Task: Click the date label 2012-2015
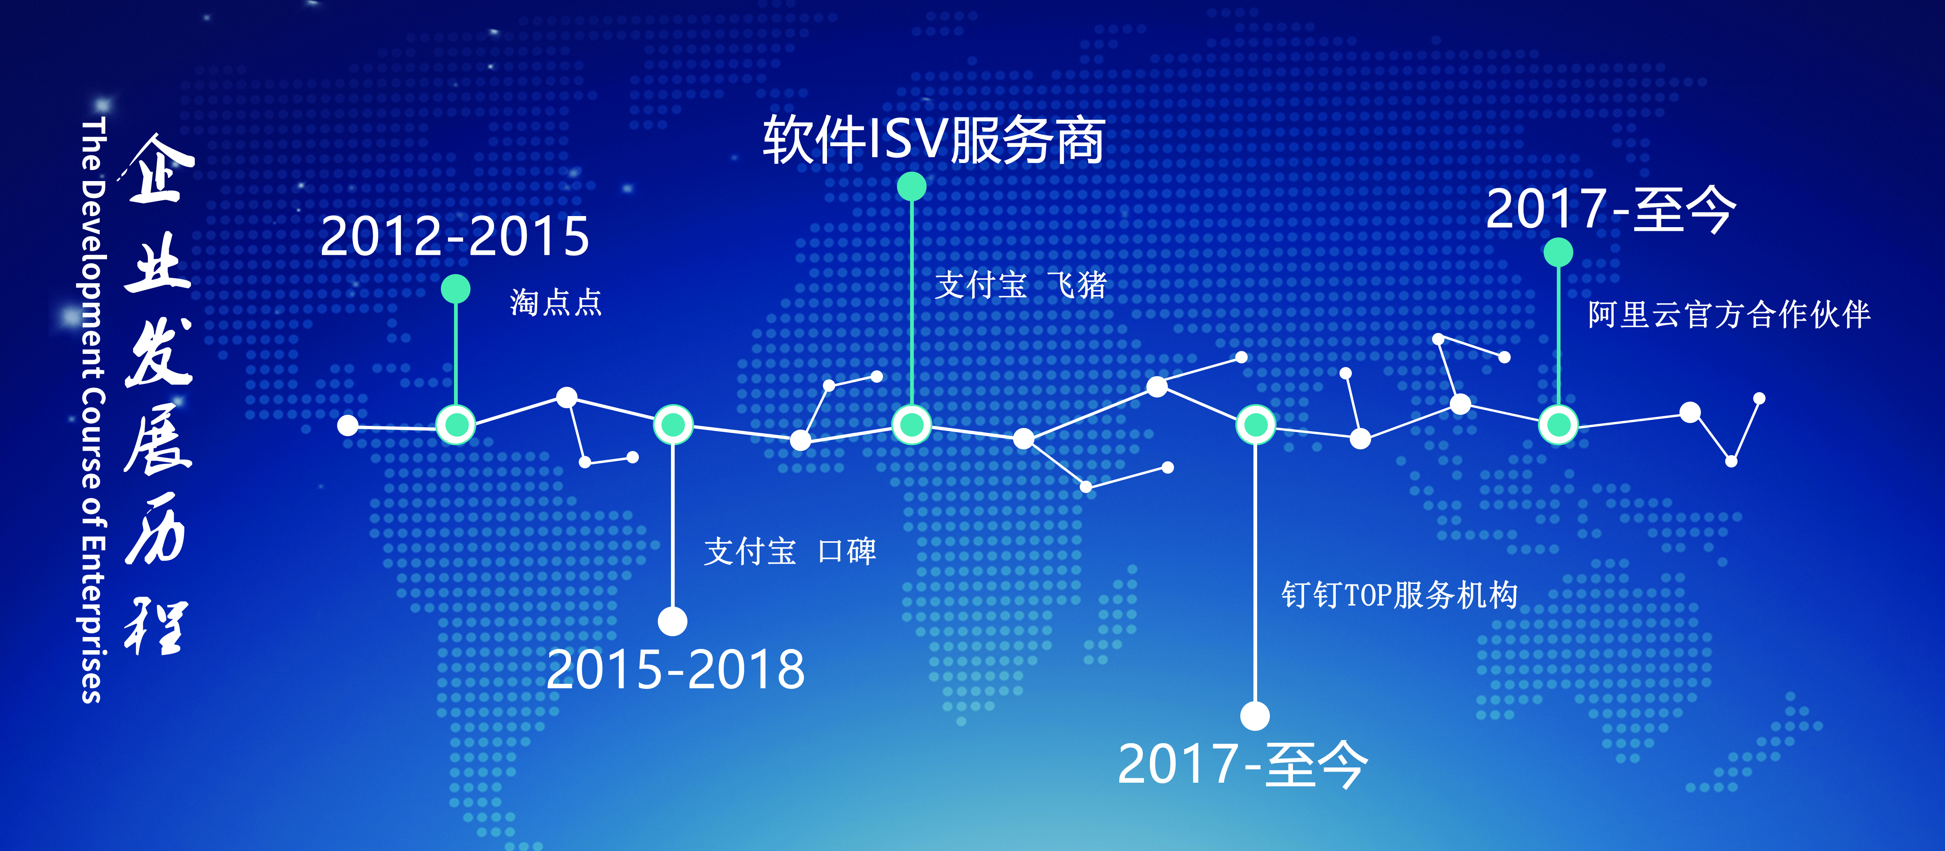click(x=454, y=236)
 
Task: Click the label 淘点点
click(x=556, y=302)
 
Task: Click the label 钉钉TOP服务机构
click(x=1399, y=594)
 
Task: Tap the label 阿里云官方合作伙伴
click(x=1729, y=314)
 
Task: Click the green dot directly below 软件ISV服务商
click(x=911, y=186)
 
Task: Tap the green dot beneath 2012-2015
click(x=455, y=288)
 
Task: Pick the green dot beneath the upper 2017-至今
click(x=1558, y=252)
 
